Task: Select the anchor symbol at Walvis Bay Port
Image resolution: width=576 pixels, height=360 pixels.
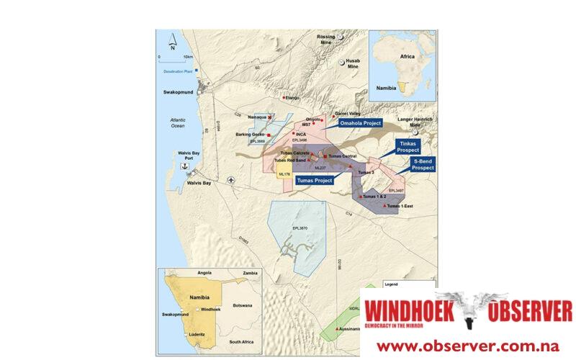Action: [x=184, y=166]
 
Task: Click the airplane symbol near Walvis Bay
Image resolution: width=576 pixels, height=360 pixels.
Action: [x=230, y=179]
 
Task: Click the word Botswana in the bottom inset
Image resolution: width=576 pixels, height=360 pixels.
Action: [x=242, y=305]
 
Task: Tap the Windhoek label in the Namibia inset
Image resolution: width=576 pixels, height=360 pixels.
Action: [x=210, y=309]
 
